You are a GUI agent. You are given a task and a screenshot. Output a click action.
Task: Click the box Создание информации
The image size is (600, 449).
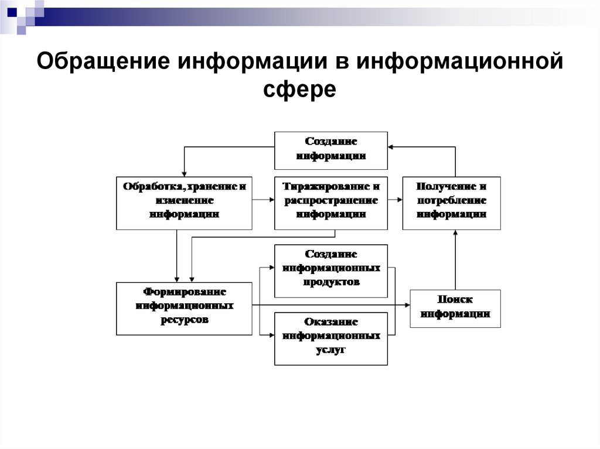click(331, 149)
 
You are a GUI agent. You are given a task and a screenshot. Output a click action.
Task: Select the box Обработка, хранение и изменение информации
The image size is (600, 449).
click(184, 203)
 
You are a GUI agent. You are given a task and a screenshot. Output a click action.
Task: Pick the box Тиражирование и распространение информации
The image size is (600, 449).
click(331, 203)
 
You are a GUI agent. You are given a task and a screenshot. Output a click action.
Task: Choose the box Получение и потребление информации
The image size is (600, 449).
click(451, 203)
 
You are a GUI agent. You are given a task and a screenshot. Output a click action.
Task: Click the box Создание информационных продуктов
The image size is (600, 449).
click(331, 271)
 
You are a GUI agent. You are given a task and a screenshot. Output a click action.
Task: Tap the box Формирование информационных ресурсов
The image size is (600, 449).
click(184, 309)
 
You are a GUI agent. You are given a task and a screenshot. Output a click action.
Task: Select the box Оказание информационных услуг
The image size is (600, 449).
click(331, 338)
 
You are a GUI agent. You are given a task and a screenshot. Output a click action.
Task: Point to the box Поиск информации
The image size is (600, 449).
click(455, 308)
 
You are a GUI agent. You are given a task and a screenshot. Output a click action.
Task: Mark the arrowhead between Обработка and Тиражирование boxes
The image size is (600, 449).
click(271, 201)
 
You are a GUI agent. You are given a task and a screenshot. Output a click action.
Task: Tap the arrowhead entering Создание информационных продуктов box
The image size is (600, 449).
click(271, 268)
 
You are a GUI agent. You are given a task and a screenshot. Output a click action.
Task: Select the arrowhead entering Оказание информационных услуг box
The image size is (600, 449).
click(271, 335)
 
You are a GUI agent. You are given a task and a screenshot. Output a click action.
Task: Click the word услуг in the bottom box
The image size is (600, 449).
click(331, 349)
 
